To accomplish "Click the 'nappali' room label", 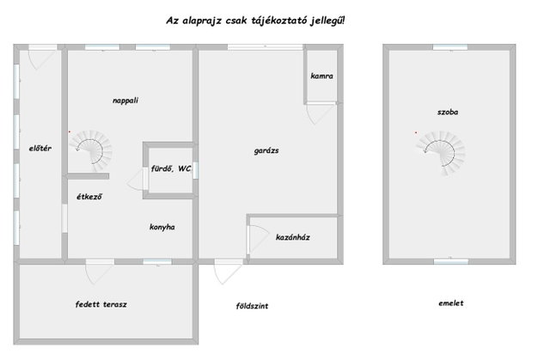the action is tap(125, 101).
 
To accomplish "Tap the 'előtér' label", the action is tap(40, 148).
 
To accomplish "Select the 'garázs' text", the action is tap(266, 150).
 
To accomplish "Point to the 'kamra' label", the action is tap(321, 76).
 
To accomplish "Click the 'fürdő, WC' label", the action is tap(171, 168).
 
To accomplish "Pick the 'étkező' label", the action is tap(89, 197).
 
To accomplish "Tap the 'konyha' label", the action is tap(162, 227).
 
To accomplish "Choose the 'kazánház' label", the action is tap(293, 237).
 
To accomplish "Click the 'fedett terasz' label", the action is tap(101, 304).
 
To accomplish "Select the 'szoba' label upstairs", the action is tap(448, 113).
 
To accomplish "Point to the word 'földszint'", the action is tap(252, 306).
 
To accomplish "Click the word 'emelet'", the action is tap(450, 302).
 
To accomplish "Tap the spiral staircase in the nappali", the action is tap(90, 149).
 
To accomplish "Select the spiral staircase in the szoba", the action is tap(441, 153).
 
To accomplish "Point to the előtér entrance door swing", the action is tap(41, 59).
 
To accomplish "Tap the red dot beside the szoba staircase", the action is tap(416, 132).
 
